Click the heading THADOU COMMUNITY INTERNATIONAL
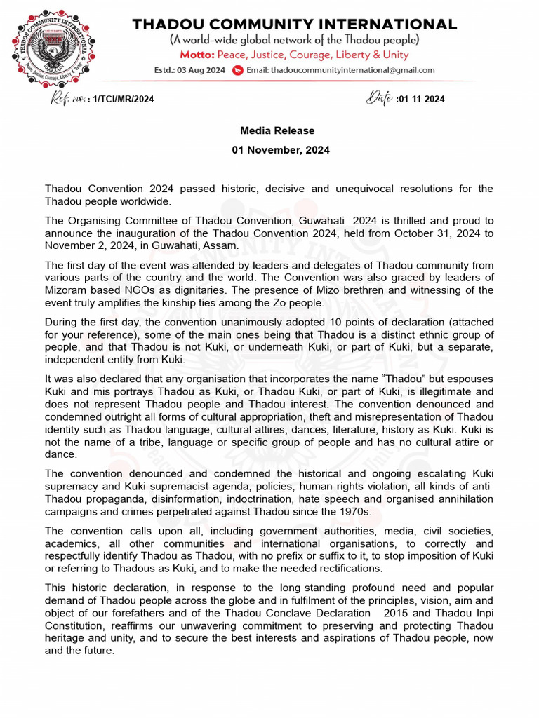tap(295, 24)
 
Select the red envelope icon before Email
tap(237, 70)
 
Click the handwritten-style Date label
tap(379, 98)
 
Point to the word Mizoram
tap(67, 278)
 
